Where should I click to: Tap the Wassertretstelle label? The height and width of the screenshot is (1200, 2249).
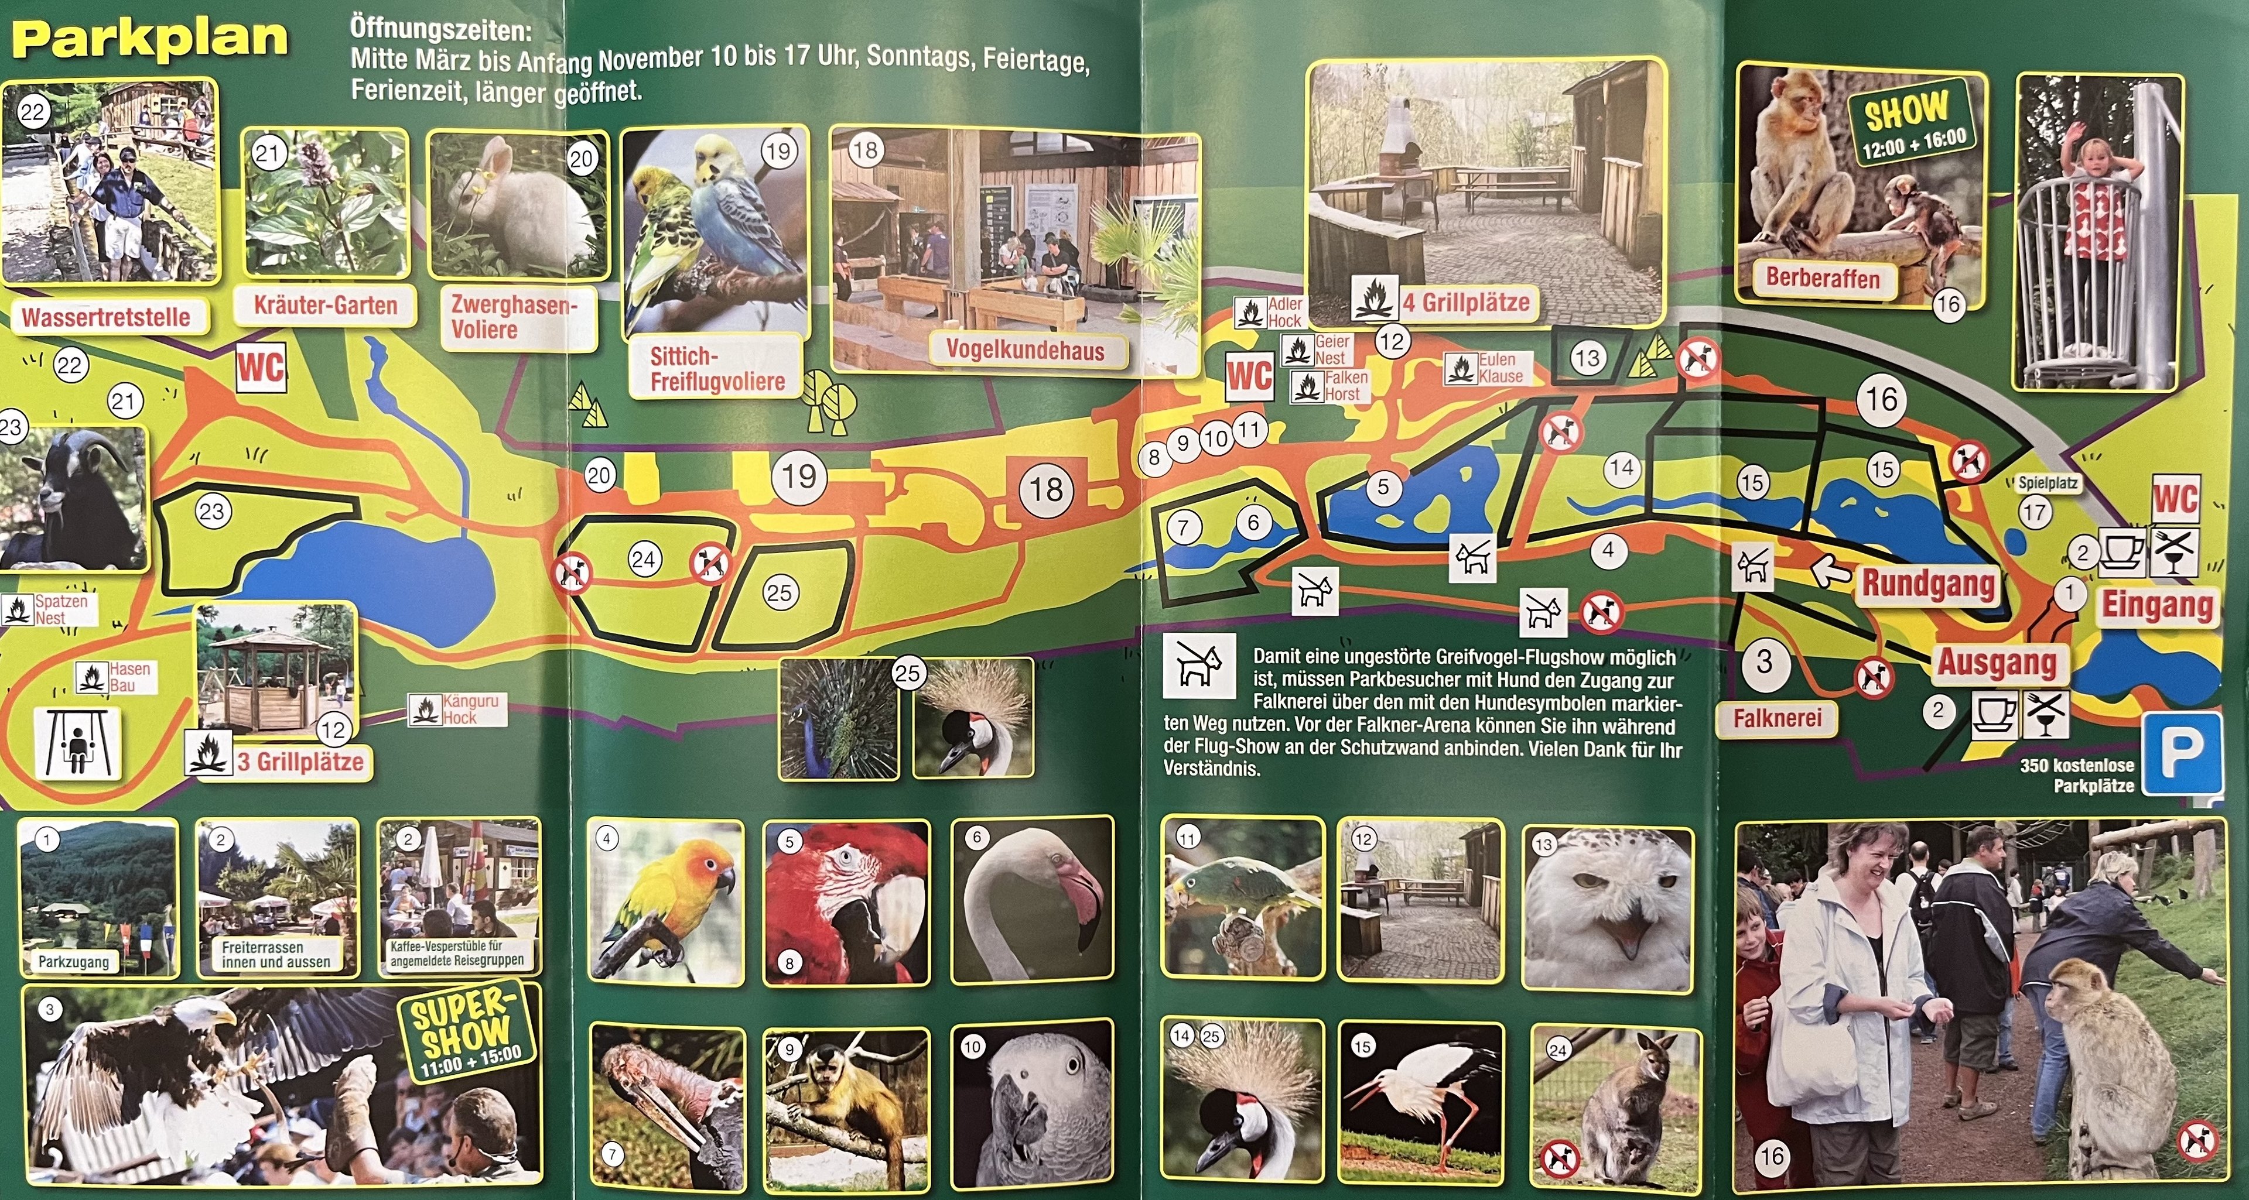[107, 317]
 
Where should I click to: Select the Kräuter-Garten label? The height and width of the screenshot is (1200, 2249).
[325, 306]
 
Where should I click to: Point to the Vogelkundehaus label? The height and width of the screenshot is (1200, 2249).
[1024, 351]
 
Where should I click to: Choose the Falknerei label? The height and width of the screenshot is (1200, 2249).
[1777, 718]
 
